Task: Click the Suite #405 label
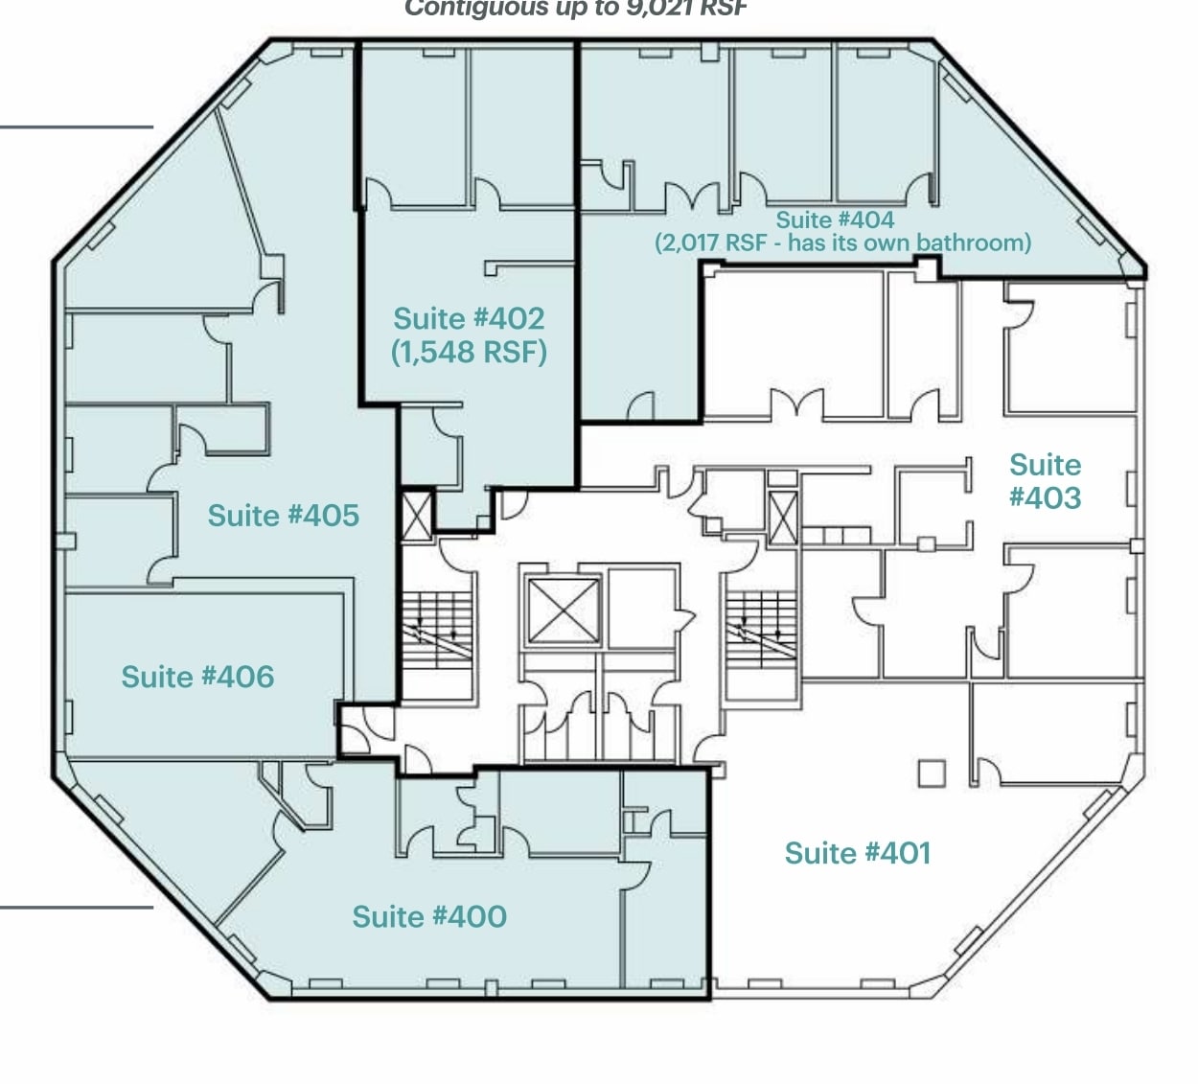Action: [283, 516]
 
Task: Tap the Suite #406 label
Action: [197, 677]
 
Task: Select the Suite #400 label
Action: [429, 916]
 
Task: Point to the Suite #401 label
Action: [857, 853]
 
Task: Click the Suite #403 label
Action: [1045, 481]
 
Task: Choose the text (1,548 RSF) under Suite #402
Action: [469, 352]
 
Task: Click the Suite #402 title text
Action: [469, 318]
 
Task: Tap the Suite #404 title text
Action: [834, 219]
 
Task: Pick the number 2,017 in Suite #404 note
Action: [689, 242]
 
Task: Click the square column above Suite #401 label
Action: [931, 773]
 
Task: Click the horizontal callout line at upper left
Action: [77, 127]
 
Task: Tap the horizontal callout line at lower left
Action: [77, 907]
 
